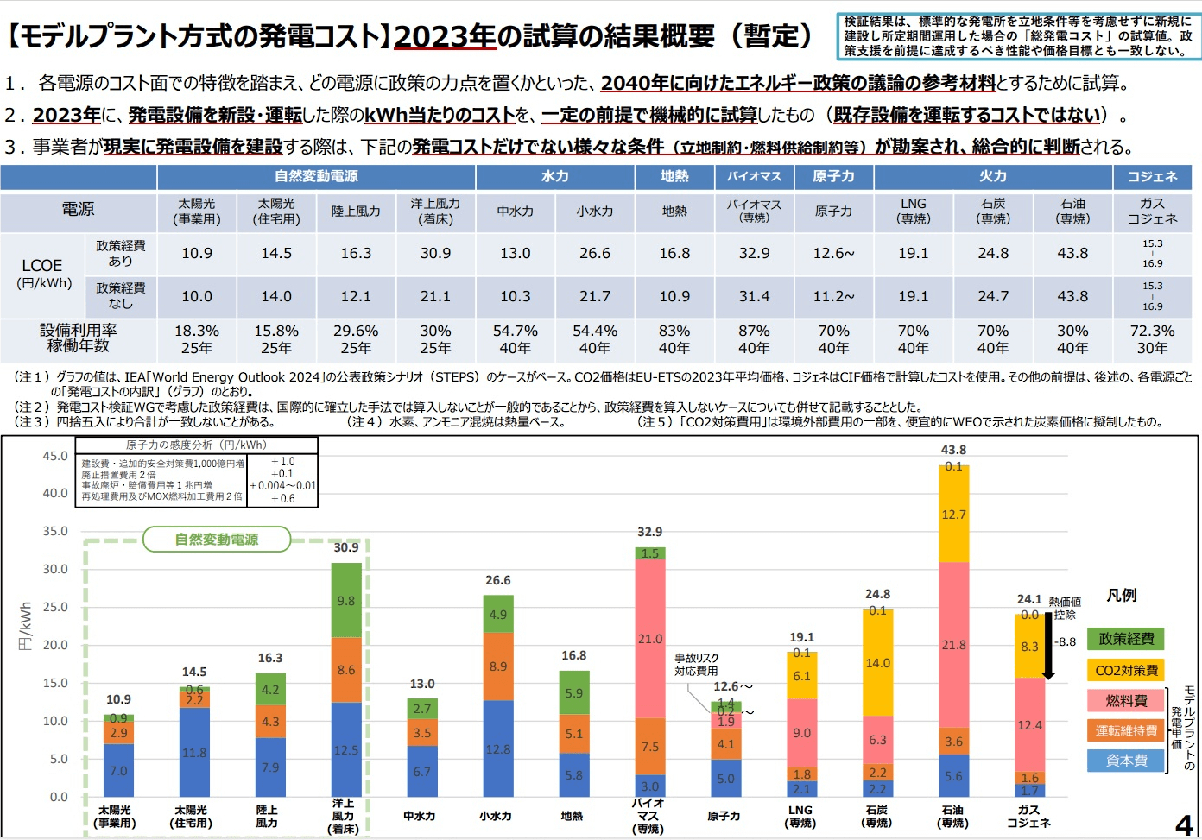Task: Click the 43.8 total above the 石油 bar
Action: click(x=953, y=450)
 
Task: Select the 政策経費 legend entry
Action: click(x=1126, y=639)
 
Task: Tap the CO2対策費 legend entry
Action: click(x=1126, y=670)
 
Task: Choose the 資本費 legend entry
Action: click(x=1126, y=761)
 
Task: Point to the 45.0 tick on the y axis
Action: click(x=55, y=456)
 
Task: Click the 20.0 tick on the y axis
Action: click(x=55, y=645)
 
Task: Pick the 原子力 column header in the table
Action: click(x=833, y=176)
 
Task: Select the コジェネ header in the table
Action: click(x=1152, y=176)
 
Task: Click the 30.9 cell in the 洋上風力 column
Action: click(x=435, y=253)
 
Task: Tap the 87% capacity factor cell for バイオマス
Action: click(x=754, y=332)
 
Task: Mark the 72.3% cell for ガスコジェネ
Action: click(x=1152, y=332)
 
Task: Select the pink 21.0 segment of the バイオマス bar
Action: click(x=650, y=639)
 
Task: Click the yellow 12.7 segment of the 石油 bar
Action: click(x=953, y=515)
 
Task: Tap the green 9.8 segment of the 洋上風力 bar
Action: click(x=346, y=601)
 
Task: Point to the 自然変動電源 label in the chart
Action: click(x=217, y=540)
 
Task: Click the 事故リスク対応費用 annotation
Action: click(x=696, y=664)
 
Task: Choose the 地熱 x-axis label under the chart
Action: click(x=572, y=816)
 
